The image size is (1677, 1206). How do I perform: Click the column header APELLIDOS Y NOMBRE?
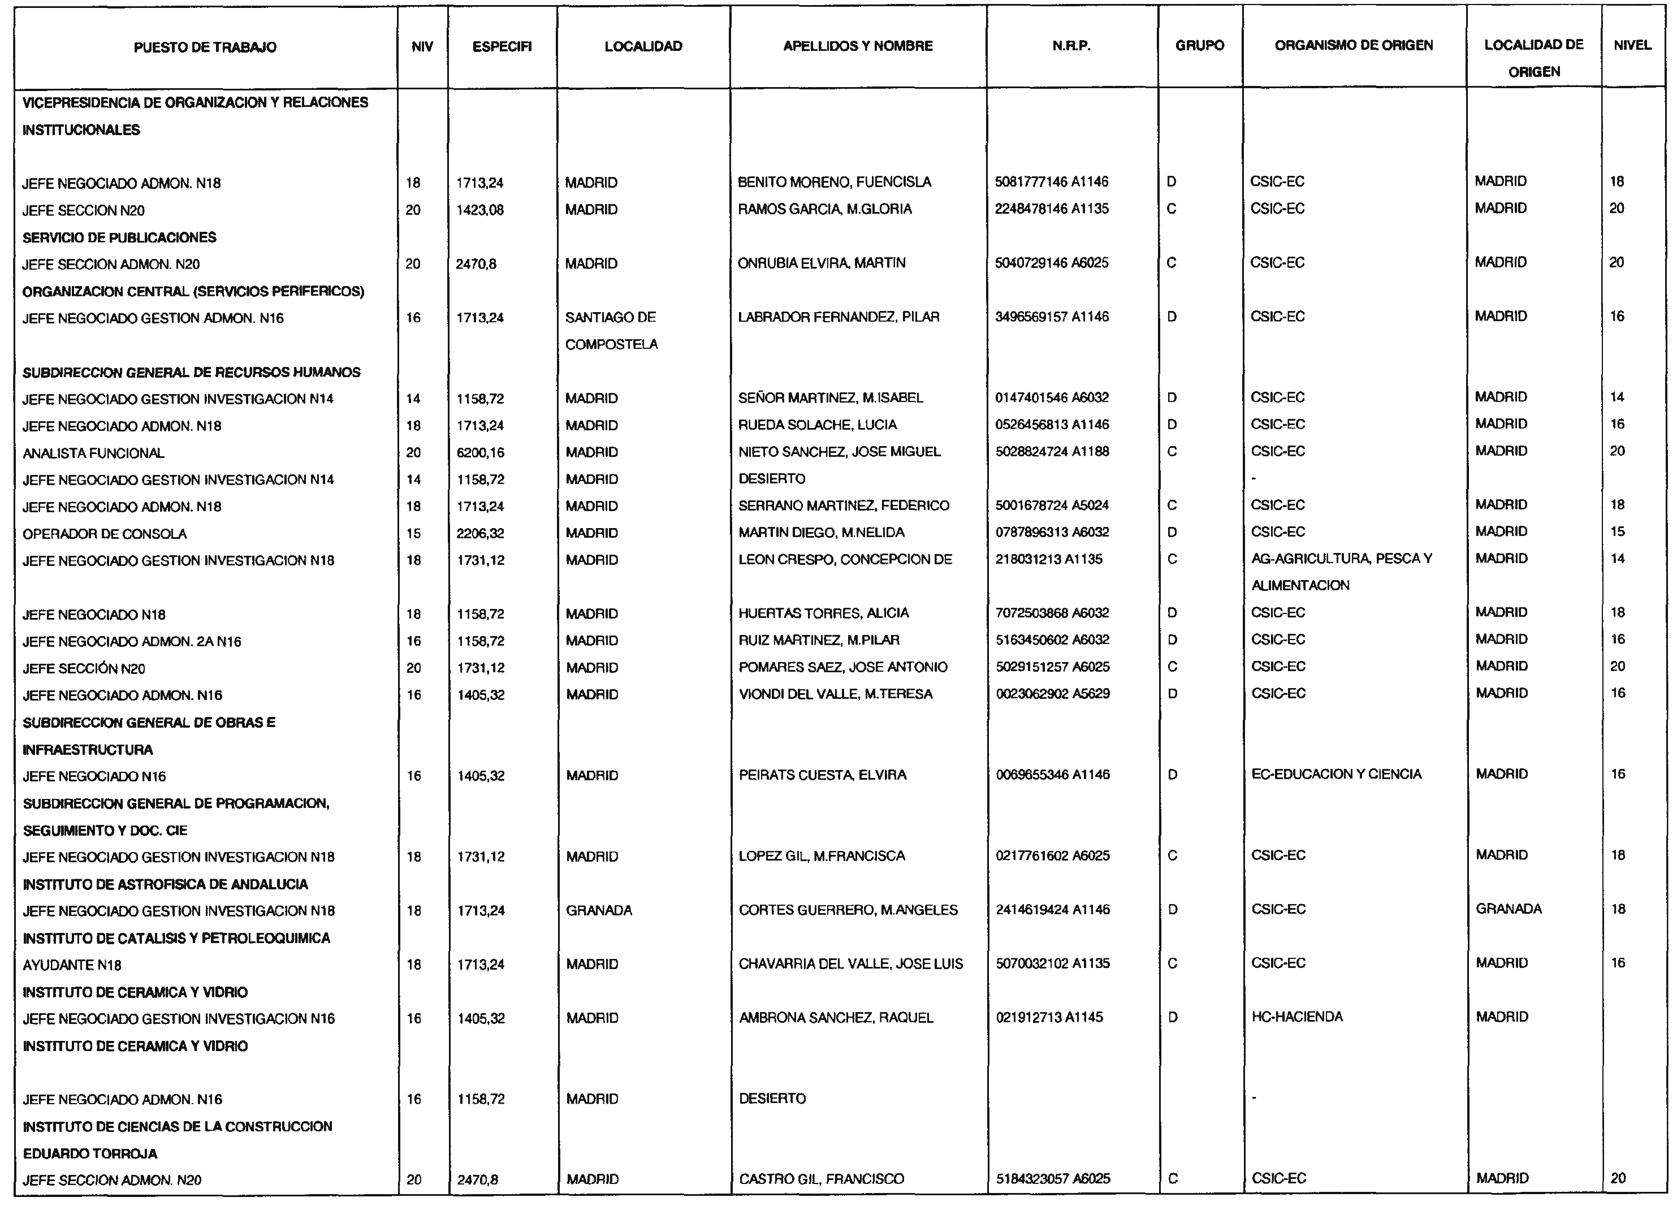click(x=858, y=46)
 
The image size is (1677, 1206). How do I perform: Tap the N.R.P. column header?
click(x=1071, y=46)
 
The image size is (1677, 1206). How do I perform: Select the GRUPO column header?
click(x=1199, y=46)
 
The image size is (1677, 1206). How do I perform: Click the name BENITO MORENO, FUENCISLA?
click(x=834, y=182)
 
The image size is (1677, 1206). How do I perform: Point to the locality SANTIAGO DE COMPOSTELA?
click(x=611, y=331)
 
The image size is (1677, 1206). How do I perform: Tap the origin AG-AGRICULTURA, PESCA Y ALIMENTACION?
click(x=1341, y=572)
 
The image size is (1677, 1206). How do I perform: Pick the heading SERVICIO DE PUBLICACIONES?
click(x=119, y=237)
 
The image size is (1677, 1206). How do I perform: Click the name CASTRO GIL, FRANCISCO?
click(x=821, y=1179)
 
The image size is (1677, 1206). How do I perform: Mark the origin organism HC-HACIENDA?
click(x=1296, y=1017)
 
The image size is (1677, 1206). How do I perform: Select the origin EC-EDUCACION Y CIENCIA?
click(x=1336, y=774)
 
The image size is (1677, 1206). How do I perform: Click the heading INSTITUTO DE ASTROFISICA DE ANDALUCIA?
click(x=165, y=884)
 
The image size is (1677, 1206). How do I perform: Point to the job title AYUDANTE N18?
click(x=72, y=965)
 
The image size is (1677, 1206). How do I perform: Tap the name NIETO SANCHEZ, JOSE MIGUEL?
click(x=839, y=452)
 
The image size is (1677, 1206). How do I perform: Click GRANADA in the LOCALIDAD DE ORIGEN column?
click(x=1509, y=909)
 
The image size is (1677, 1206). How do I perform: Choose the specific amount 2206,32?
click(x=480, y=533)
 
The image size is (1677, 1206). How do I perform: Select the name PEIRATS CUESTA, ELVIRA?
click(x=822, y=775)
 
